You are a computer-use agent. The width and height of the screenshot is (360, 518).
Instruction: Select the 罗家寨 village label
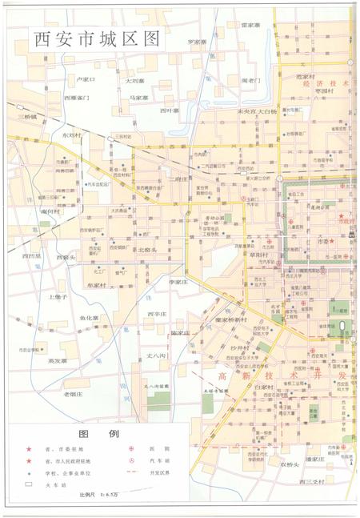(198, 41)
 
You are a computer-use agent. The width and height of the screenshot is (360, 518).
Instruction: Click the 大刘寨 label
(134, 80)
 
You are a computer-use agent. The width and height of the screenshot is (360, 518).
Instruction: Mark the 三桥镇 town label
(28, 117)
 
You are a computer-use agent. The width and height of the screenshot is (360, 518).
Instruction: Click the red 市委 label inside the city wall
(325, 240)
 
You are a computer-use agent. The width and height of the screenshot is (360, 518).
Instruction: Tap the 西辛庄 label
(157, 314)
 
